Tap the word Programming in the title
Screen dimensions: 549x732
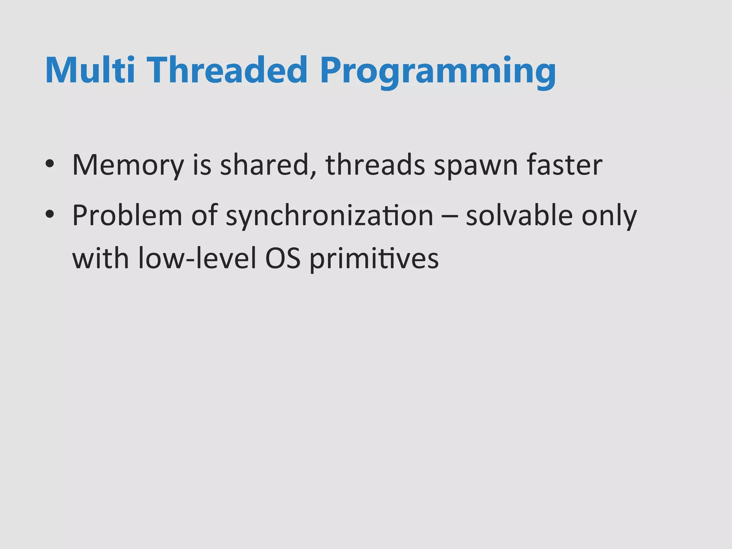[x=438, y=71]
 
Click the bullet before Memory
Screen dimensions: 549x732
[x=50, y=164]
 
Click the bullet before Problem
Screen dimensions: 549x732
[x=50, y=214]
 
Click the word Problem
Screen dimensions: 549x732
[x=127, y=215]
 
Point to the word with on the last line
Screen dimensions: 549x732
[x=100, y=258]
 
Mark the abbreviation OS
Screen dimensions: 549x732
[x=283, y=258]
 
